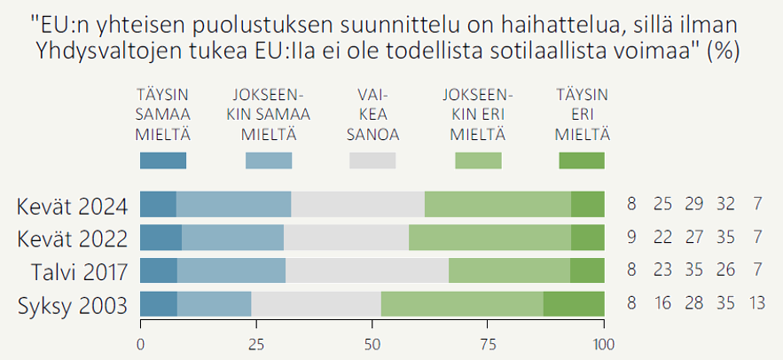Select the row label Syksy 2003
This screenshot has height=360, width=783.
point(73,306)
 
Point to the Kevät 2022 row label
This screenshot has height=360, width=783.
point(73,239)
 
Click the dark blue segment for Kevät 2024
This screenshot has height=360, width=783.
point(158,205)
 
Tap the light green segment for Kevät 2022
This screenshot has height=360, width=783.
point(489,239)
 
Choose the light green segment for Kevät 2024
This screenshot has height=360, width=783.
point(497,205)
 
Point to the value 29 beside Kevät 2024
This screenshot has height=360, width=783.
point(694,205)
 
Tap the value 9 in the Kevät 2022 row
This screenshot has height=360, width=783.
point(631,239)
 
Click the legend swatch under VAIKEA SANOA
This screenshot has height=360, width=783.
point(372,160)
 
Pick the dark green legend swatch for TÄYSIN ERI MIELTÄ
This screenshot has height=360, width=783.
point(582,160)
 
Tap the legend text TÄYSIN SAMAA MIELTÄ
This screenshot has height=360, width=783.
point(163,114)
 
